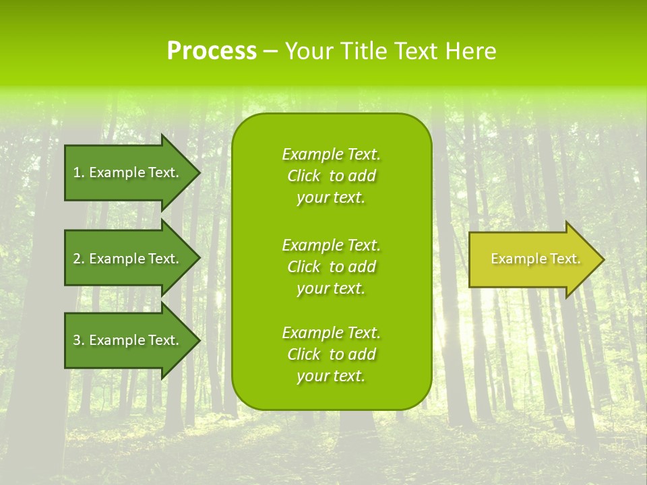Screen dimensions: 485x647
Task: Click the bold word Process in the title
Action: (x=212, y=51)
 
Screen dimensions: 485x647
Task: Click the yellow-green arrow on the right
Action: (x=532, y=259)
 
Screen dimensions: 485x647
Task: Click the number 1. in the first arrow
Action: (x=79, y=172)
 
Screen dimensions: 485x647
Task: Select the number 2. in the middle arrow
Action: (x=79, y=259)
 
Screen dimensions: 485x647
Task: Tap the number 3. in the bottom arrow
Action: (x=79, y=340)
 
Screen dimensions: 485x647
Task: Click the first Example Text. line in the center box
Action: (x=331, y=154)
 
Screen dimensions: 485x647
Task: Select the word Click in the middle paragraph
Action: (x=304, y=267)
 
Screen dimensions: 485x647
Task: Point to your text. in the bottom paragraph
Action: (x=331, y=376)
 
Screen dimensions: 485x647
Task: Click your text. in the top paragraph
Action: (x=331, y=197)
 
